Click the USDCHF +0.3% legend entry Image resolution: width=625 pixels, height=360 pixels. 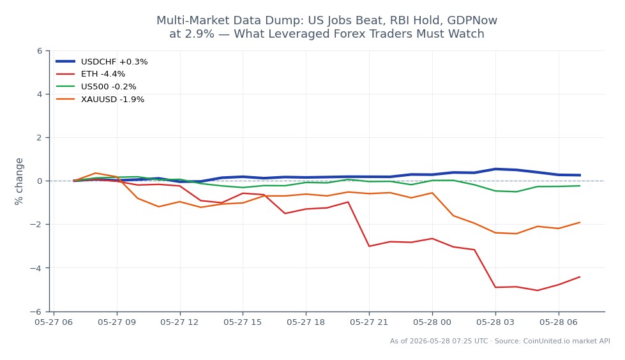point(102,62)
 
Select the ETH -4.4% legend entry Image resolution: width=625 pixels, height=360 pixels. point(91,74)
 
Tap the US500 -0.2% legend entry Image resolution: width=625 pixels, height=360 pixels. point(96,87)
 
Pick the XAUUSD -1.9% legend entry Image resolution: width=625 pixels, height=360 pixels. point(100,100)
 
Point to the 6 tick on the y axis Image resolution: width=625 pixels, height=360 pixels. point(40,50)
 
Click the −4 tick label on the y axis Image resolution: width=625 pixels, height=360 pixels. point(36,268)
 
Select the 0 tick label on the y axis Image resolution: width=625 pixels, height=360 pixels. point(40,181)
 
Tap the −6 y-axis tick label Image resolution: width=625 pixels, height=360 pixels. point(36,311)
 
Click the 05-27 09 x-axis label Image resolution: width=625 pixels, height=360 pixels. point(117,322)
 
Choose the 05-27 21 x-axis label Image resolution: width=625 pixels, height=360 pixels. point(369,322)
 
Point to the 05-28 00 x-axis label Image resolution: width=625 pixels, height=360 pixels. point(432,322)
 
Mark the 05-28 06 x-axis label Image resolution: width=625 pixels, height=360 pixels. point(559,322)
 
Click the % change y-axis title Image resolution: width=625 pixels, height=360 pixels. point(19,181)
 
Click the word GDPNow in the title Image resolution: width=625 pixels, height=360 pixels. point(472,20)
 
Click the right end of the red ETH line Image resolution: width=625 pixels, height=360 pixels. point(580,276)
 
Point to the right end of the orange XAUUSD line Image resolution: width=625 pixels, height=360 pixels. point(580,223)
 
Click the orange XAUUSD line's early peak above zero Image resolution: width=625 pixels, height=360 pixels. point(95,173)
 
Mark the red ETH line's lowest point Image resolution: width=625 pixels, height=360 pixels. point(538,290)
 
